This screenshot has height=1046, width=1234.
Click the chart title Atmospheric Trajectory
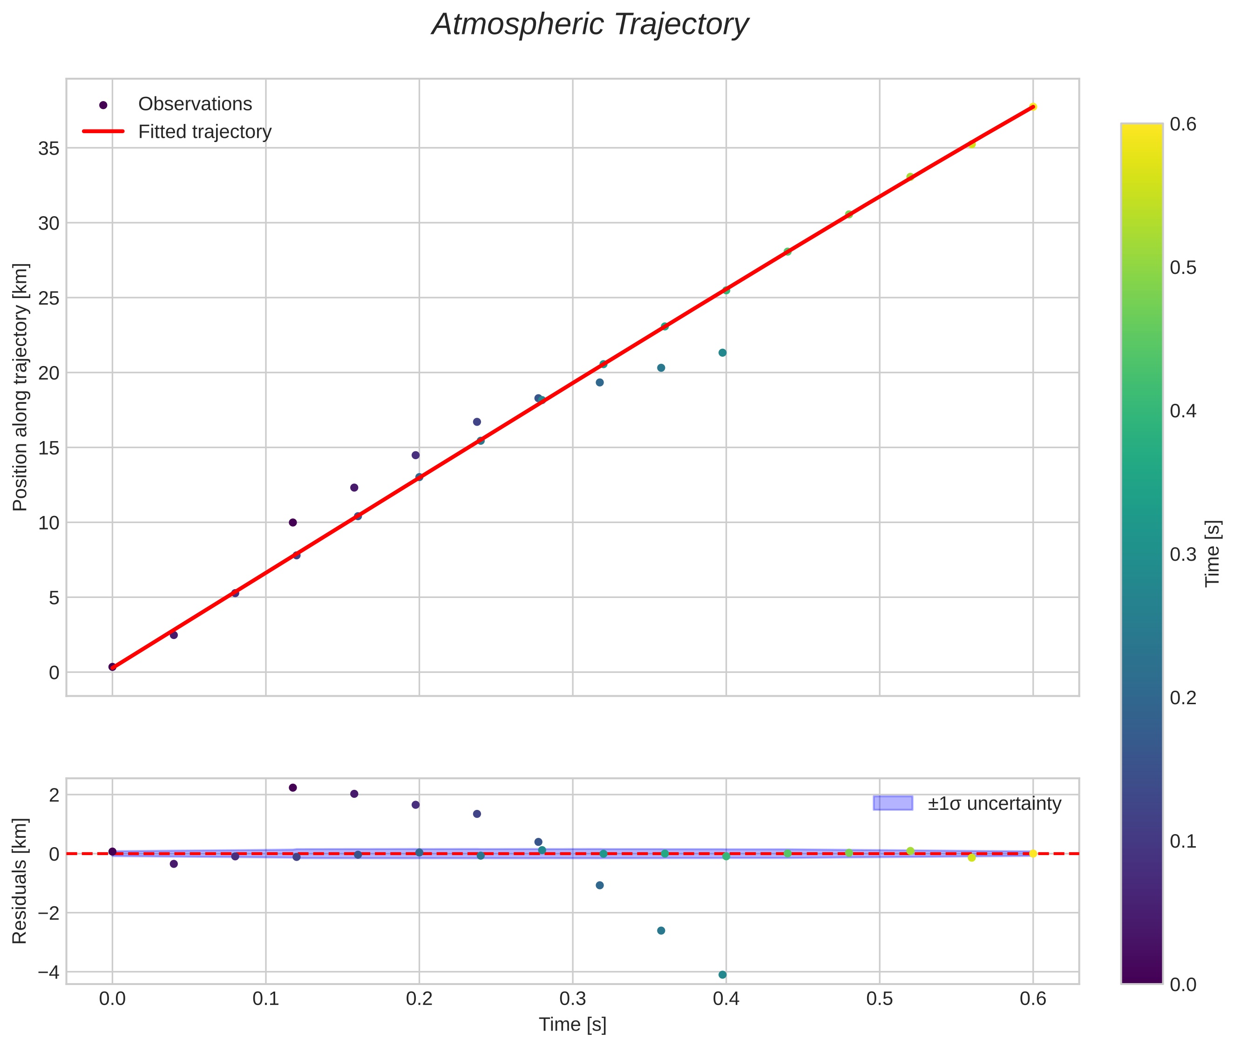590,25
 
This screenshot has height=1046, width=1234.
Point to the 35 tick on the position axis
49,148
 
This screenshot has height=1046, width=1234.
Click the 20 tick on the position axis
49,373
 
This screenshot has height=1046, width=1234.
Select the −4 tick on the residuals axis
48,972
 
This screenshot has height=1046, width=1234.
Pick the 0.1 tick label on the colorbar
1183,841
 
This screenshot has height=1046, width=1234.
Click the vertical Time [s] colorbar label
1213,554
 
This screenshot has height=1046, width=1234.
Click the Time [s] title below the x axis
572,1025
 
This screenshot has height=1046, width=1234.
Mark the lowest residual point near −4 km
722,974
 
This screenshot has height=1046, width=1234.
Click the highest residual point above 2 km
292,788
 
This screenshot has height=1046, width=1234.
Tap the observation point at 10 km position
292,523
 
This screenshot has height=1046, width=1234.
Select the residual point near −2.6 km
661,931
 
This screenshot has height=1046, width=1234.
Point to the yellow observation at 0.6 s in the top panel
1033,107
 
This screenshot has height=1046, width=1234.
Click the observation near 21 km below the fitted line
722,353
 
